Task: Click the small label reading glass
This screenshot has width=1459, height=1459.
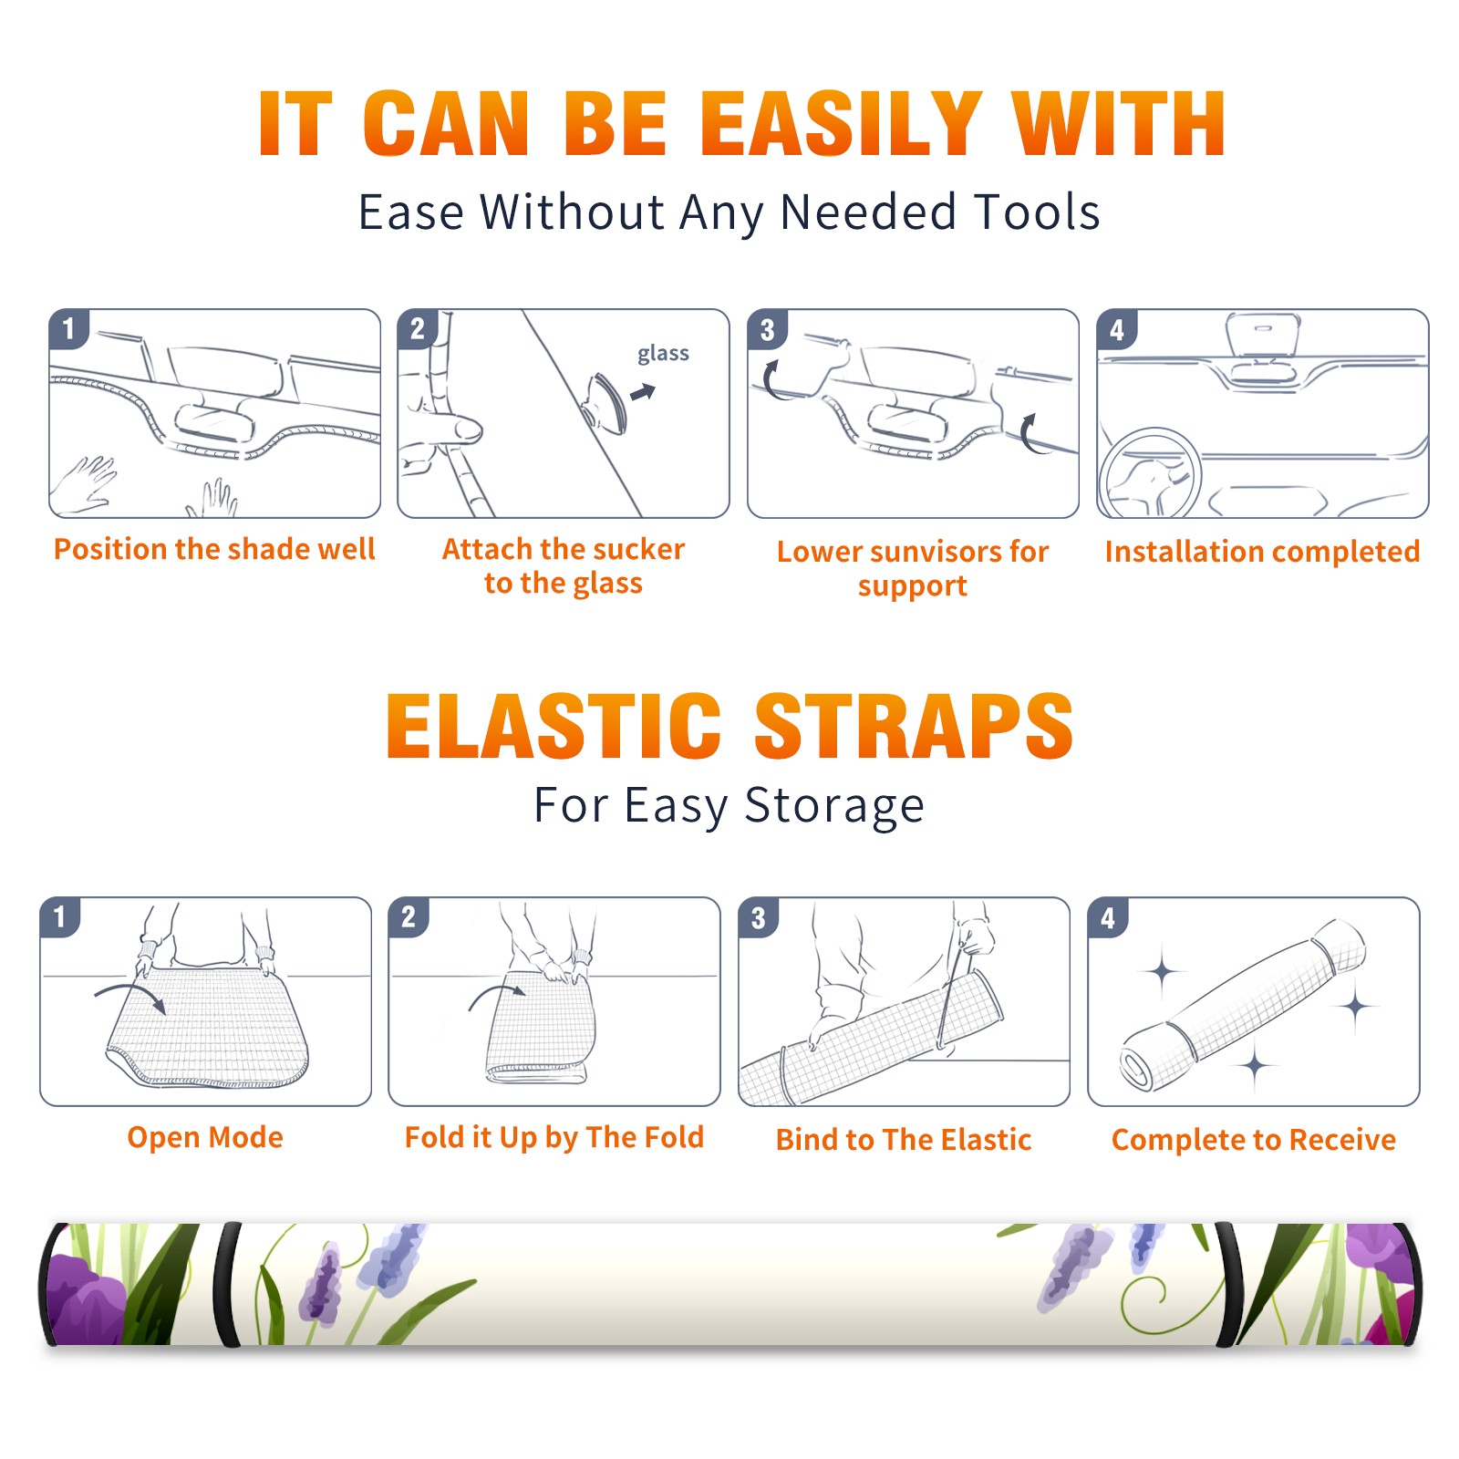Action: coord(663,354)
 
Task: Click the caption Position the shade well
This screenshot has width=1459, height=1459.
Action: coord(214,549)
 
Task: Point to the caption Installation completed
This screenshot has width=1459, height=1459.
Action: coord(1262,551)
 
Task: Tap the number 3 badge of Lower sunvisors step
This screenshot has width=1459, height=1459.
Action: coord(767,329)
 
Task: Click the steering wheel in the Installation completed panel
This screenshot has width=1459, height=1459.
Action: coord(1150,473)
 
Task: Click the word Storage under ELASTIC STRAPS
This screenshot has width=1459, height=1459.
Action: coord(834,806)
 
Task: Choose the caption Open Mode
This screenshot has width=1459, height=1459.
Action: coord(205,1137)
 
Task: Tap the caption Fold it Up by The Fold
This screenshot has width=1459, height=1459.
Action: coord(554,1137)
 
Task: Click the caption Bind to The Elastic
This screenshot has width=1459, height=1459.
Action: coord(904,1140)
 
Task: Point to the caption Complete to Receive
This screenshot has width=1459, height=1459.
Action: coord(1254,1140)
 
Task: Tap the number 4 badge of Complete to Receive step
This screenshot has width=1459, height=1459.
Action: coord(1108,917)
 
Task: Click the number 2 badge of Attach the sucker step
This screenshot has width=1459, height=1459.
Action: coord(418,329)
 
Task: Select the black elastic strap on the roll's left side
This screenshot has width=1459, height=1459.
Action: coord(226,1284)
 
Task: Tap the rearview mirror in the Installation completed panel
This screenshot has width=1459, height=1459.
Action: coord(1263,335)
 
